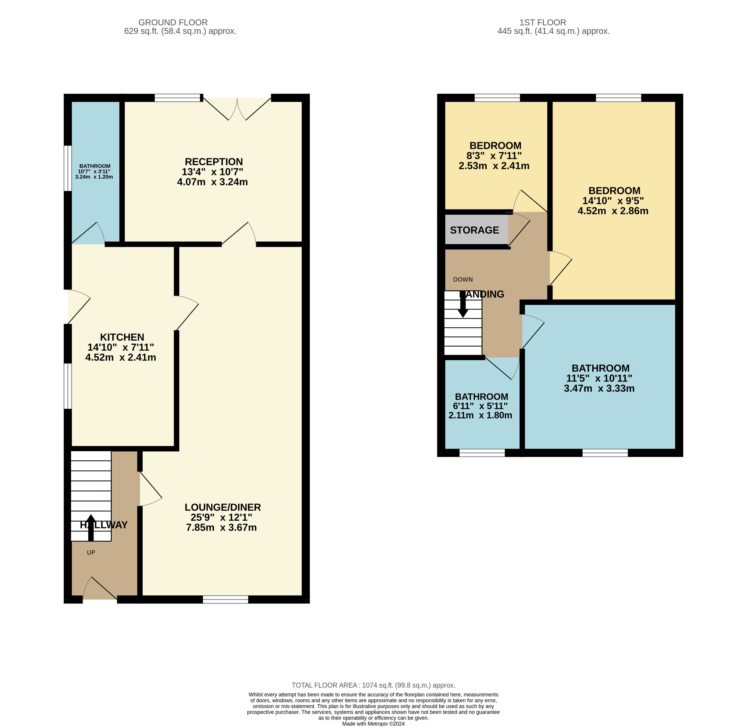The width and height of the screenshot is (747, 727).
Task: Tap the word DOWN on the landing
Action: pyautogui.click(x=463, y=279)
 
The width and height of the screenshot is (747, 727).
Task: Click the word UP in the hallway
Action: pyautogui.click(x=91, y=552)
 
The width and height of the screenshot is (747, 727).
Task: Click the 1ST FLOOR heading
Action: pyautogui.click(x=543, y=23)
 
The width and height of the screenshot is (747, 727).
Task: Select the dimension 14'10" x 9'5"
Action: pyautogui.click(x=613, y=201)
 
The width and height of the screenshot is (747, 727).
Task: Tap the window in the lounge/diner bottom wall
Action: pyautogui.click(x=226, y=600)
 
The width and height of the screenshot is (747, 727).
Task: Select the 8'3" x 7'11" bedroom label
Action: pyautogui.click(x=494, y=156)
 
